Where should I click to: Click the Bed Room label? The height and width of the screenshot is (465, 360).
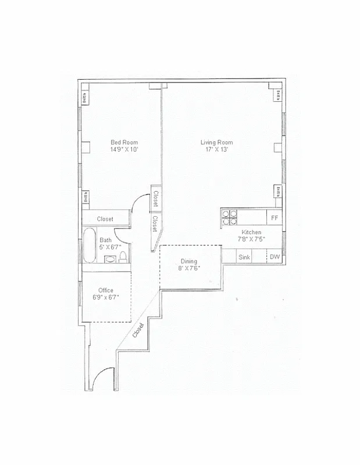coord(124,142)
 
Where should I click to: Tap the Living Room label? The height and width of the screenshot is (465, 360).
coord(216,142)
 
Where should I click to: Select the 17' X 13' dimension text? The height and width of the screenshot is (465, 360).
coord(216,149)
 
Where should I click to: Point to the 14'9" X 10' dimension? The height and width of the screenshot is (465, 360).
coord(124,149)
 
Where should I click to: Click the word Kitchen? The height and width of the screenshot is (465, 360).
coord(251,232)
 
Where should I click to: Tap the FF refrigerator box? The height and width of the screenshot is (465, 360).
coord(275,218)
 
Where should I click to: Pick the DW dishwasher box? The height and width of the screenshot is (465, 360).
coord(275,257)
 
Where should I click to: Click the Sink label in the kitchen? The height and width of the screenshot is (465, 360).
coord(244,257)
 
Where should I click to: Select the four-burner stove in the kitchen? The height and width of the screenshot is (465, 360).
coord(230,217)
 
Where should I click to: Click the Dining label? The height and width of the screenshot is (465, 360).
coord(189,261)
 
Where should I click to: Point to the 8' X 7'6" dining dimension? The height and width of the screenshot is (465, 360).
coord(189,268)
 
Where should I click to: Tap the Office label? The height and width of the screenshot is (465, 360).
coord(105,290)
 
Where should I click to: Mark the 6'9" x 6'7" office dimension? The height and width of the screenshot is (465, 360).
coord(105,298)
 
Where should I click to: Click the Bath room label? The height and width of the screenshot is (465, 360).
coord(105,240)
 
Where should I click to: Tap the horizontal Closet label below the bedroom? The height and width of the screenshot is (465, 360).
coord(105,219)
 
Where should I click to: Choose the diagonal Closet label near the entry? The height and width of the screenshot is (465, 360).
coord(138,331)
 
